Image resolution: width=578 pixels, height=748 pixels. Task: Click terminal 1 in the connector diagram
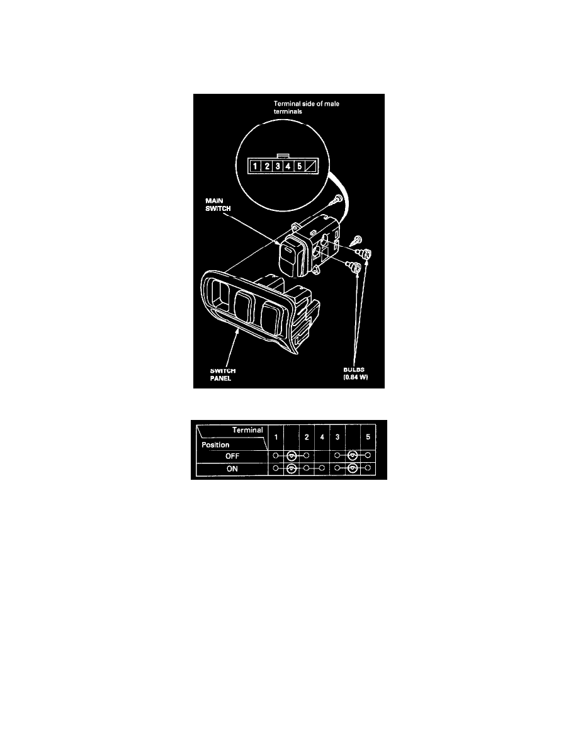click(254, 167)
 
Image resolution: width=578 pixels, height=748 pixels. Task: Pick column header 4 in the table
click(321, 436)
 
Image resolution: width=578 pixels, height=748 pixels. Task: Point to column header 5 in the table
click(368, 436)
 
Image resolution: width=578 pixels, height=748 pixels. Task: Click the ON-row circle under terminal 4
click(321, 468)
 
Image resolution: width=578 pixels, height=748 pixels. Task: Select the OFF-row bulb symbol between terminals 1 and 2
click(291, 455)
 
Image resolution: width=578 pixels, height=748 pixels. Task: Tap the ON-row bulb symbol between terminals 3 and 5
click(353, 468)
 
